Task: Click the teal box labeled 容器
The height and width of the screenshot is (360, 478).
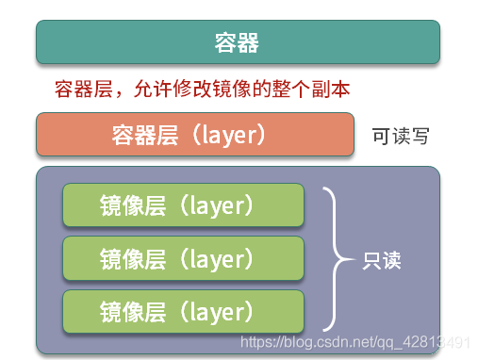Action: point(238,42)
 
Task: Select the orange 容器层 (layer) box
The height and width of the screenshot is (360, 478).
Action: point(195,134)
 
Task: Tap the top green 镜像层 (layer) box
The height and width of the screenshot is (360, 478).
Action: point(183,205)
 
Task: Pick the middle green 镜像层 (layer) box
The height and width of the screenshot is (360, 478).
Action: point(183,258)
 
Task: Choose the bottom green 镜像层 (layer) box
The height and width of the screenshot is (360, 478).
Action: point(183,311)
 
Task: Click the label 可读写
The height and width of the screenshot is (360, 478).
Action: point(401,136)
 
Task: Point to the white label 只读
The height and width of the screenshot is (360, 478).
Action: point(382,260)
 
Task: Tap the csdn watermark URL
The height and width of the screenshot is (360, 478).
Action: point(355,342)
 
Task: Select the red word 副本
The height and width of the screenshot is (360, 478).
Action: point(331,89)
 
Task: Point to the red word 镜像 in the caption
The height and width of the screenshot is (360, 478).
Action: point(232,89)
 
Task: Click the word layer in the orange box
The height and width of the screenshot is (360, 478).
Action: point(229,136)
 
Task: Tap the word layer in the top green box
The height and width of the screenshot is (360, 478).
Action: point(217,206)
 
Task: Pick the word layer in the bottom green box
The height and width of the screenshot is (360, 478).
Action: point(217,313)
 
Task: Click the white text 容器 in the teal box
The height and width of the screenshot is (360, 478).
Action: point(237,42)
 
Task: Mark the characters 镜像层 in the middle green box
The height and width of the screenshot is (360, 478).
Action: point(133,259)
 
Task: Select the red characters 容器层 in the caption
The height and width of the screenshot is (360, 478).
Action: point(84,89)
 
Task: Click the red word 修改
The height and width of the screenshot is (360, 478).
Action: point(192,89)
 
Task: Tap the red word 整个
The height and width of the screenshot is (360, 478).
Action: point(291,89)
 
